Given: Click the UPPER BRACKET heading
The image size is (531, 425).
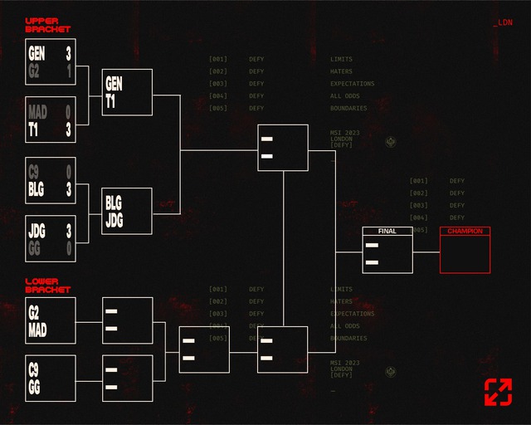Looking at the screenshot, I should tap(47, 25).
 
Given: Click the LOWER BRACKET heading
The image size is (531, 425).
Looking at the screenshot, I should tap(47, 286).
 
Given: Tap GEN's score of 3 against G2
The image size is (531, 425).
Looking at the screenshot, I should tap(68, 54).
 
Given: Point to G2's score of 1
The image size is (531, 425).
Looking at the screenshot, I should tap(68, 71).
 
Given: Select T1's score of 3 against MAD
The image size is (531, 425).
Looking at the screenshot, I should tap(68, 129).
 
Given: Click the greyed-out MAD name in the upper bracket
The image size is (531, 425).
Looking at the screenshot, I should tap(37, 112).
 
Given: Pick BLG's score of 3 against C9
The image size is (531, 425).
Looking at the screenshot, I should tap(68, 189).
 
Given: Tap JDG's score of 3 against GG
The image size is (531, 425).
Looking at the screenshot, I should tap(68, 231).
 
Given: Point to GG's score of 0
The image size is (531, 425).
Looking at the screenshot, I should tap(68, 247).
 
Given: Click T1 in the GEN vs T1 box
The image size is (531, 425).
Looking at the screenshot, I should tap(110, 101).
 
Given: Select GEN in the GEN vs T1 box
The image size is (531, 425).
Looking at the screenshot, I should tap(114, 84).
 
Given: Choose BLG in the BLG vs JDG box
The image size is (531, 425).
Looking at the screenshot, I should tap(113, 203).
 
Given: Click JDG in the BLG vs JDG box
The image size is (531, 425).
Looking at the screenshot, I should tap(114, 220).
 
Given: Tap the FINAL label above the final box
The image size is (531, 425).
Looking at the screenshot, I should tap(387, 231).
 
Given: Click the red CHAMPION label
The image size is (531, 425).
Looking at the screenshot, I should tap(465, 231).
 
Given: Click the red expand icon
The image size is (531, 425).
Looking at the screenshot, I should tap(498, 392).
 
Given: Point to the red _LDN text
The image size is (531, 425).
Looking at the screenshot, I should tap(503, 22).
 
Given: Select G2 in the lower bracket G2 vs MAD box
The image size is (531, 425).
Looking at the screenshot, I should tap(34, 313).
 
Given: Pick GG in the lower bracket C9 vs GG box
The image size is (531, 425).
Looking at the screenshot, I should tap(34, 388).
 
